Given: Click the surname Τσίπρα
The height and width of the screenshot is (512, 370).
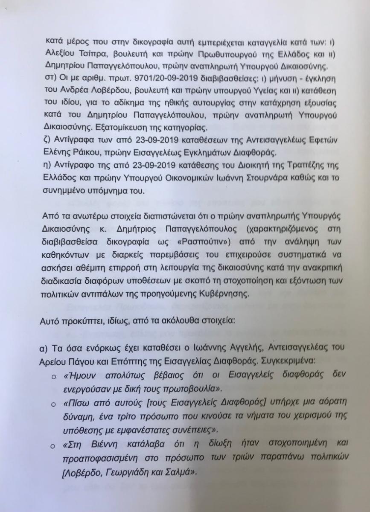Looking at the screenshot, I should point(96,57).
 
